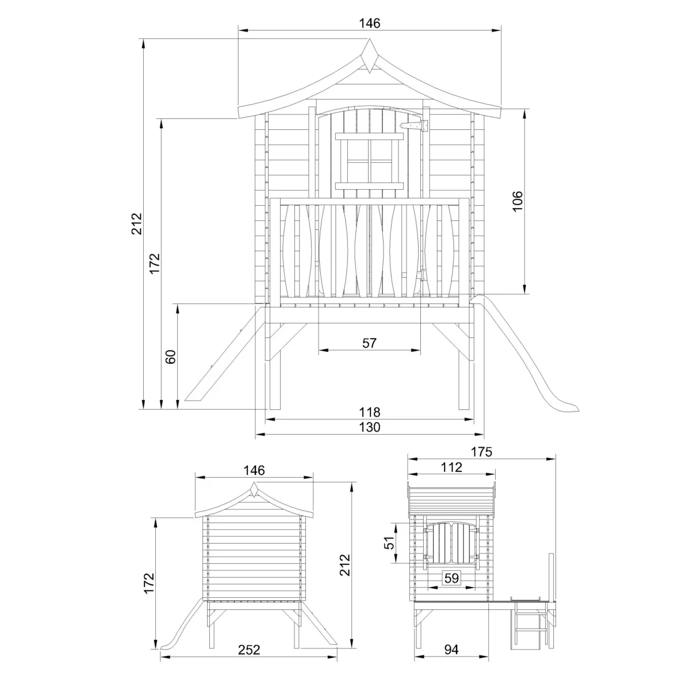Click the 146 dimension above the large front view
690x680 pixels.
pyautogui.click(x=370, y=23)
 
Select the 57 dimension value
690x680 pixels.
pyautogui.click(x=369, y=343)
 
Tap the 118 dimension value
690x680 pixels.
pyautogui.click(x=370, y=412)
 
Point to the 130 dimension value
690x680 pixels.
pyautogui.click(x=370, y=427)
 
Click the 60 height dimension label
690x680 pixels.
pyautogui.click(x=171, y=356)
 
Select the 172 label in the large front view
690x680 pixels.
pyautogui.click(x=154, y=263)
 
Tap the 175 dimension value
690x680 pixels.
pyautogui.click(x=481, y=452)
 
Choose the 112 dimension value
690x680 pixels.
pyautogui.click(x=451, y=467)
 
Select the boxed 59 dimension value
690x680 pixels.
pyautogui.click(x=453, y=578)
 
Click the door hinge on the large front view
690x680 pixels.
pyautogui.click(x=414, y=125)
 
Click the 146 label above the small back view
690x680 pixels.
pyautogui.click(x=254, y=470)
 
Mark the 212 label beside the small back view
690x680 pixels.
pyautogui.click(x=344, y=567)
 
